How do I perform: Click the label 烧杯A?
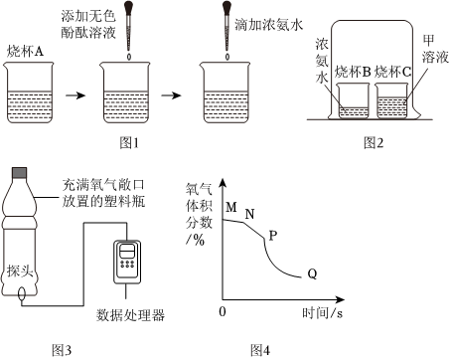pyautogui.click(x=26, y=52)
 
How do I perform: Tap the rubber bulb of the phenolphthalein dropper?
pyautogui.click(x=129, y=7)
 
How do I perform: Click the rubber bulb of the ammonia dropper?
pyautogui.click(x=226, y=7)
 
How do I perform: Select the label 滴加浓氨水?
pyautogui.click(x=269, y=25)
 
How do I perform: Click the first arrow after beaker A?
pyautogui.click(x=75, y=95)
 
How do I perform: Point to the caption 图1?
pyautogui.click(x=129, y=143)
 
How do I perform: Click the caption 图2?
pyautogui.click(x=374, y=143)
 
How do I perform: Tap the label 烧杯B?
pyautogui.click(x=353, y=72)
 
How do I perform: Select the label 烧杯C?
pyautogui.click(x=392, y=72)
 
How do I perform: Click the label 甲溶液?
pyautogui.click(x=435, y=49)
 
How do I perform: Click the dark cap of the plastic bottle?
pyautogui.click(x=19, y=173)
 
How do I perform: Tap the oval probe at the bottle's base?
pyautogui.click(x=22, y=294)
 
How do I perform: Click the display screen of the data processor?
pyautogui.click(x=127, y=252)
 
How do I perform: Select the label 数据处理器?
pyautogui.click(x=130, y=315)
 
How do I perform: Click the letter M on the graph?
pyautogui.click(x=231, y=208)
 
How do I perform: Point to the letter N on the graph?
pyautogui.click(x=250, y=214)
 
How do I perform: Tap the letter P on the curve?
pyautogui.click(x=272, y=236)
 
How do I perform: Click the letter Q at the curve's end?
pyautogui.click(x=312, y=274)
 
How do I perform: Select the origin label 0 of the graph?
pyautogui.click(x=223, y=311)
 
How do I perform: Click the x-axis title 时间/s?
pyautogui.click(x=323, y=312)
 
